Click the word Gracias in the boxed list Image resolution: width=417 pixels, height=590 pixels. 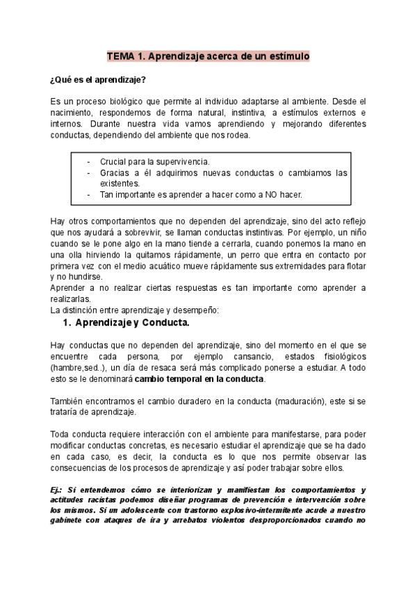[x=115, y=173]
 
